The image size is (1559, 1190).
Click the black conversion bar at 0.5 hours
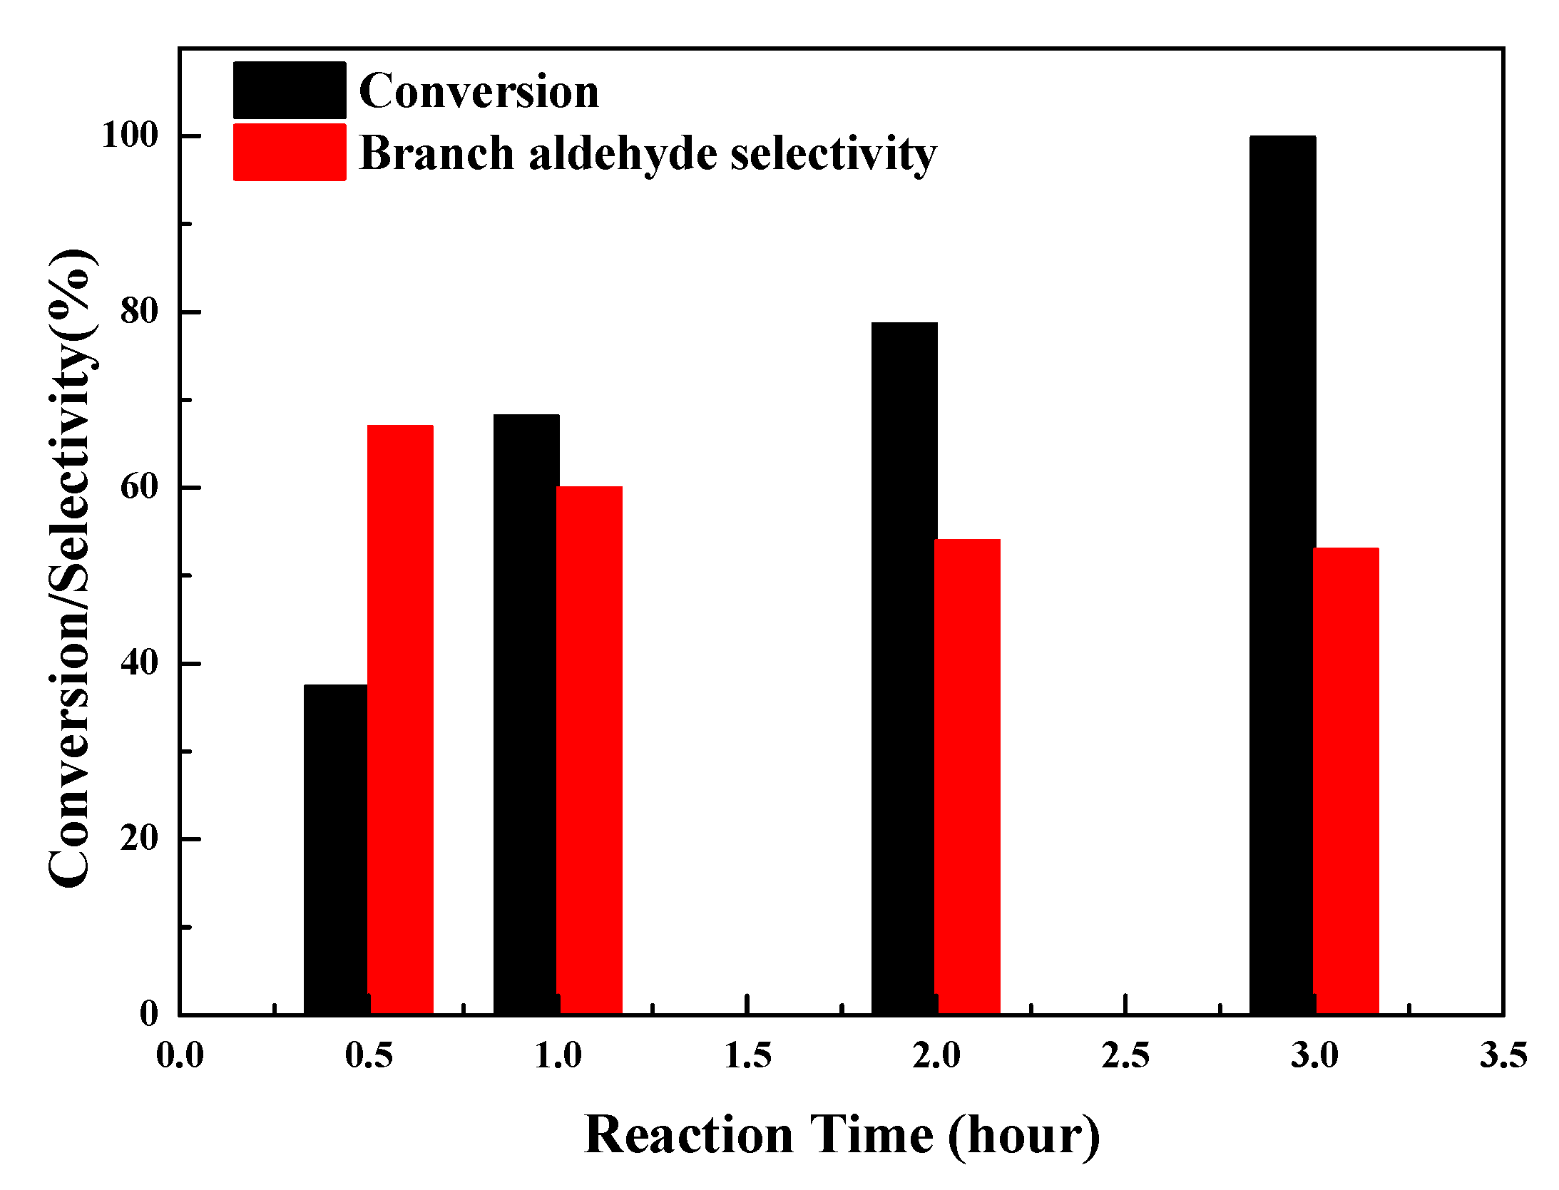(x=335, y=848)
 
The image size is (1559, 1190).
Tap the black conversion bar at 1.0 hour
(x=526, y=713)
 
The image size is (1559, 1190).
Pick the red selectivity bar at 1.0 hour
(x=589, y=749)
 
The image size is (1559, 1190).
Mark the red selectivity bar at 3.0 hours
(x=1346, y=780)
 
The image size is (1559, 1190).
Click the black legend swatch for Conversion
(x=290, y=91)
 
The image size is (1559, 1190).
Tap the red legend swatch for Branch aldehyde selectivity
(x=290, y=152)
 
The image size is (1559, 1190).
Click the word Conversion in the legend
(x=479, y=91)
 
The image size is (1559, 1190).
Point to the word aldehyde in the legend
(x=623, y=154)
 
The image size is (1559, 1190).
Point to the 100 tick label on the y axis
(x=129, y=135)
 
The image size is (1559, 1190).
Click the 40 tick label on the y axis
(x=138, y=662)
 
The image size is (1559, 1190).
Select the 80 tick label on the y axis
(x=138, y=311)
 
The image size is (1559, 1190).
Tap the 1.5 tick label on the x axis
(x=747, y=1055)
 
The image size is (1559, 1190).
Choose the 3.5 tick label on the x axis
(x=1503, y=1055)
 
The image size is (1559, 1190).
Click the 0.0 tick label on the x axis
(x=180, y=1055)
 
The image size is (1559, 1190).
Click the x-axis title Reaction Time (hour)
(x=842, y=1134)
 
